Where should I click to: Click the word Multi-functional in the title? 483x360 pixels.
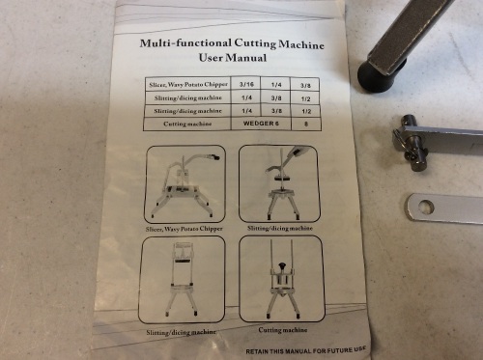185,43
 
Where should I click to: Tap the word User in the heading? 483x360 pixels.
211,58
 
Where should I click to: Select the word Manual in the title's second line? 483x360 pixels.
246,58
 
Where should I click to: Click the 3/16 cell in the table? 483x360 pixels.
246,84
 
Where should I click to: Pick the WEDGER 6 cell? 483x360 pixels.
261,124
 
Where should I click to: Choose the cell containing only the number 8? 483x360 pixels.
306,124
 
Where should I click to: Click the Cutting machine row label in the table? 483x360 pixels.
187,124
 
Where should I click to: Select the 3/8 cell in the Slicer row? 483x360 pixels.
305,86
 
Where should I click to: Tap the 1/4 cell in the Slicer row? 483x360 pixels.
276,85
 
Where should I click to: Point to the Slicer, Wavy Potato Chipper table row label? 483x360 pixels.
188,85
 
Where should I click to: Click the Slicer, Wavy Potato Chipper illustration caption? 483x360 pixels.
184,229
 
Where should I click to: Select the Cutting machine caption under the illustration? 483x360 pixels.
283,330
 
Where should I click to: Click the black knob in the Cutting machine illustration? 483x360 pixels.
282,265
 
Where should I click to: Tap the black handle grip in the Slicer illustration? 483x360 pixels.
215,157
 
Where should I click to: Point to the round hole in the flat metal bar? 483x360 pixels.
426,207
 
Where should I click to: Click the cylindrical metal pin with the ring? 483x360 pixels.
412,143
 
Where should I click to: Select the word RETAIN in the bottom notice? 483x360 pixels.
258,351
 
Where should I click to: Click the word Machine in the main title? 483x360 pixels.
301,44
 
